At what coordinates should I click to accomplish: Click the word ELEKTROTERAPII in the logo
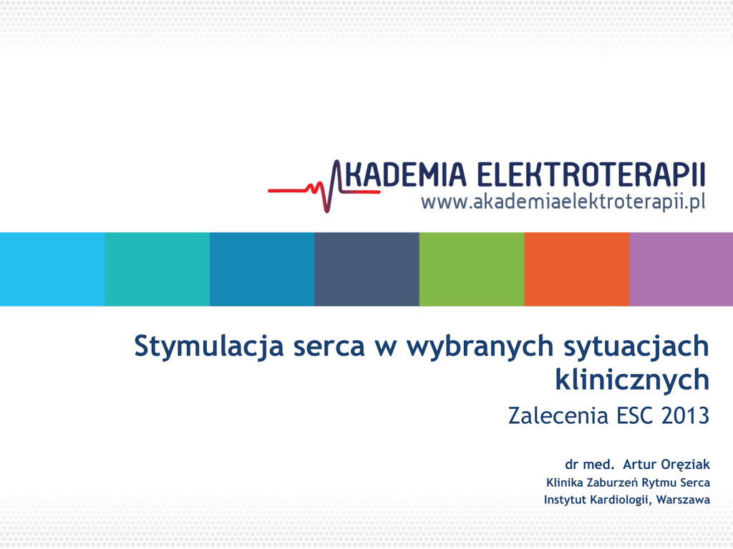point(591,174)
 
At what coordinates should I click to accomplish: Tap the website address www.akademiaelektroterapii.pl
point(563,202)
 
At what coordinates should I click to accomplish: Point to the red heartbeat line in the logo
point(323,189)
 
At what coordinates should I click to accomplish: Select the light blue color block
point(52,269)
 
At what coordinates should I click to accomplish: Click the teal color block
point(157,269)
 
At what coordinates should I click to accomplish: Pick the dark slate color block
point(367,269)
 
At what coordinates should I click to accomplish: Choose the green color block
point(472,269)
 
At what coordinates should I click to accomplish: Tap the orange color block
point(577,269)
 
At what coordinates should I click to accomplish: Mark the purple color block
point(681,269)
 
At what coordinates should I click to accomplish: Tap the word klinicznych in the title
point(633,380)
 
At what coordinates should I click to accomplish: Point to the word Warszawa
point(683,500)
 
